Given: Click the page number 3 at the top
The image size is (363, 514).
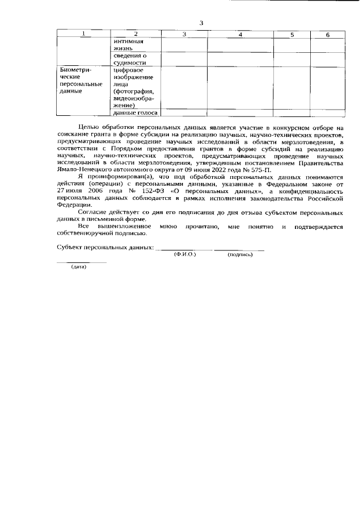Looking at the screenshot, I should click(201, 23).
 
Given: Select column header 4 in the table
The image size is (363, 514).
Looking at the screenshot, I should click(240, 35).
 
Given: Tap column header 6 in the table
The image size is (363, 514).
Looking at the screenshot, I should click(327, 35).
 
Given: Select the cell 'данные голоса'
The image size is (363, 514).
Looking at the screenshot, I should click(136, 112).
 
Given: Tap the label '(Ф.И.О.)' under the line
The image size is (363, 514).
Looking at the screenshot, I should click(184, 254).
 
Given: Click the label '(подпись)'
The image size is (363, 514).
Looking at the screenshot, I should click(240, 254).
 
